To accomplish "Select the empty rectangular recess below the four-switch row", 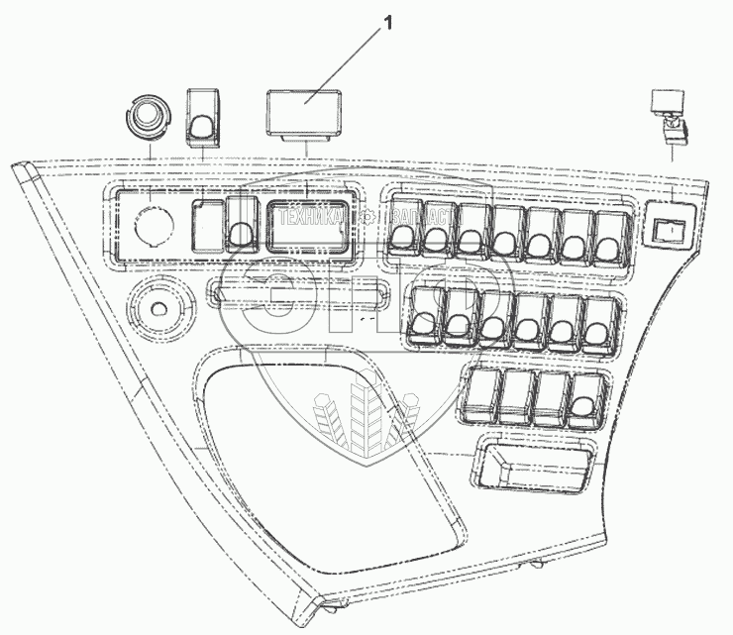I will (x=533, y=463).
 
